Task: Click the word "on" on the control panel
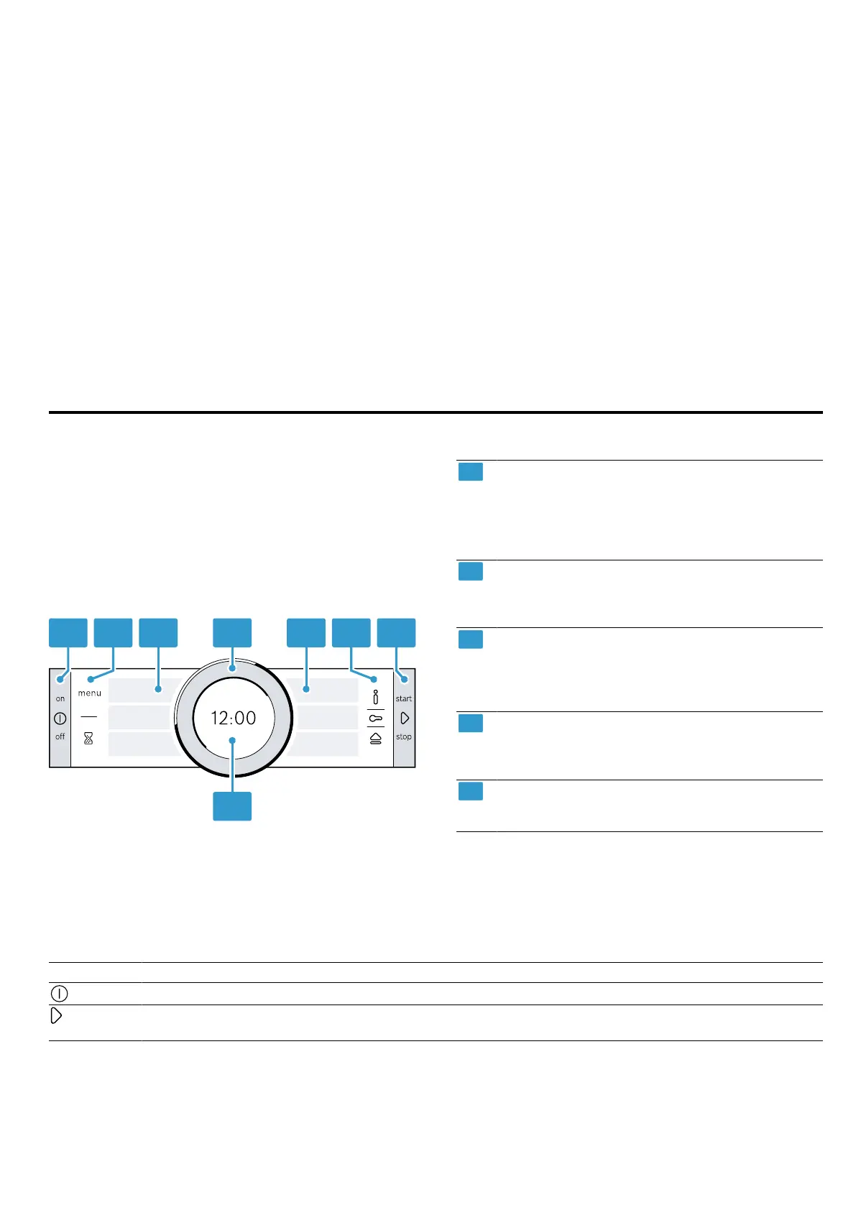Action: (x=60, y=698)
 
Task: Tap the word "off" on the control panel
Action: (x=60, y=736)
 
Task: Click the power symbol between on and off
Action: (x=60, y=718)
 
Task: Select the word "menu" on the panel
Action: (x=90, y=693)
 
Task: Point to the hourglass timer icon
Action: (x=88, y=738)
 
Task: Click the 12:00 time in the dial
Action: (x=234, y=718)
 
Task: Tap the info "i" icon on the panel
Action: (x=375, y=697)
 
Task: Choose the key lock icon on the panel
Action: (x=375, y=718)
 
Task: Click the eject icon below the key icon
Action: (x=375, y=738)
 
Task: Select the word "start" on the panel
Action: (x=404, y=698)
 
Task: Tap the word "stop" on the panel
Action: (x=404, y=736)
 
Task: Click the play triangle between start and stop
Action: (x=405, y=718)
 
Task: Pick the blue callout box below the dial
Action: (x=232, y=805)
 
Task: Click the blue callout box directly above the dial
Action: (x=232, y=632)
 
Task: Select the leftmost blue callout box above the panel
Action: (x=68, y=632)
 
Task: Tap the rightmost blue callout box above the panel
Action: (x=397, y=632)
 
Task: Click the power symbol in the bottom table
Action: (x=60, y=994)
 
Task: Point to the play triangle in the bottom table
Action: (x=57, y=1016)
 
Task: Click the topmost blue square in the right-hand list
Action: (x=471, y=472)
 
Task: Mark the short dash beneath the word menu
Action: (x=88, y=717)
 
